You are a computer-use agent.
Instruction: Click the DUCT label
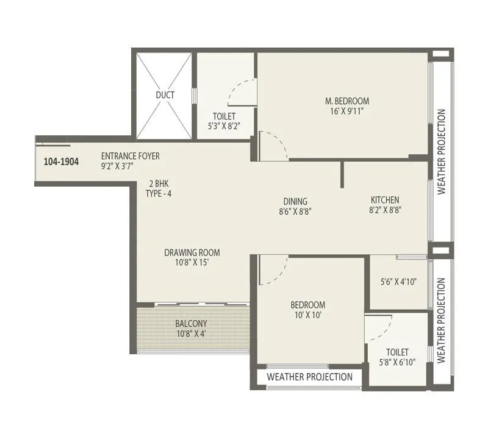[x=165, y=95]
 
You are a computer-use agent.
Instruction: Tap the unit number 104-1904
[x=62, y=162]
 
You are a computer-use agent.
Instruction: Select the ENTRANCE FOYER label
[x=130, y=156]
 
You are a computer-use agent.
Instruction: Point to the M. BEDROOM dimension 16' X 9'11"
[x=346, y=112]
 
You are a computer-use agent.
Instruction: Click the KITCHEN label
[x=385, y=200]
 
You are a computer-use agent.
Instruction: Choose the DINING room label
[x=295, y=202]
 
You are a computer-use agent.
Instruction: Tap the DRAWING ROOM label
[x=192, y=252]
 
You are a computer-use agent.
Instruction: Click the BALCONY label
[x=192, y=324]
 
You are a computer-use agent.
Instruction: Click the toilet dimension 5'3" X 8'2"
[x=224, y=127]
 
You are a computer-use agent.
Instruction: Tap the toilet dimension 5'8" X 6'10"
[x=397, y=363]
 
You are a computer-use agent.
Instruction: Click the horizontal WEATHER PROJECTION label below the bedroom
[x=309, y=377]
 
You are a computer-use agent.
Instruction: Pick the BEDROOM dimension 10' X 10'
[x=307, y=315]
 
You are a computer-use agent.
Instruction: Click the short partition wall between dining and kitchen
[x=342, y=173]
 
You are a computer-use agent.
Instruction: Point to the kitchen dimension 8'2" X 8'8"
[x=385, y=211]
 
